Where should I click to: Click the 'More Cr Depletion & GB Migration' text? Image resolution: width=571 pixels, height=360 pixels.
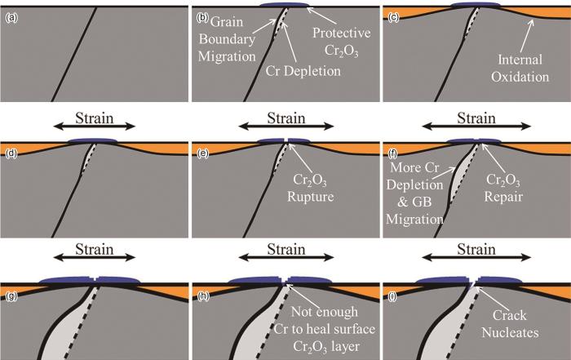414,191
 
